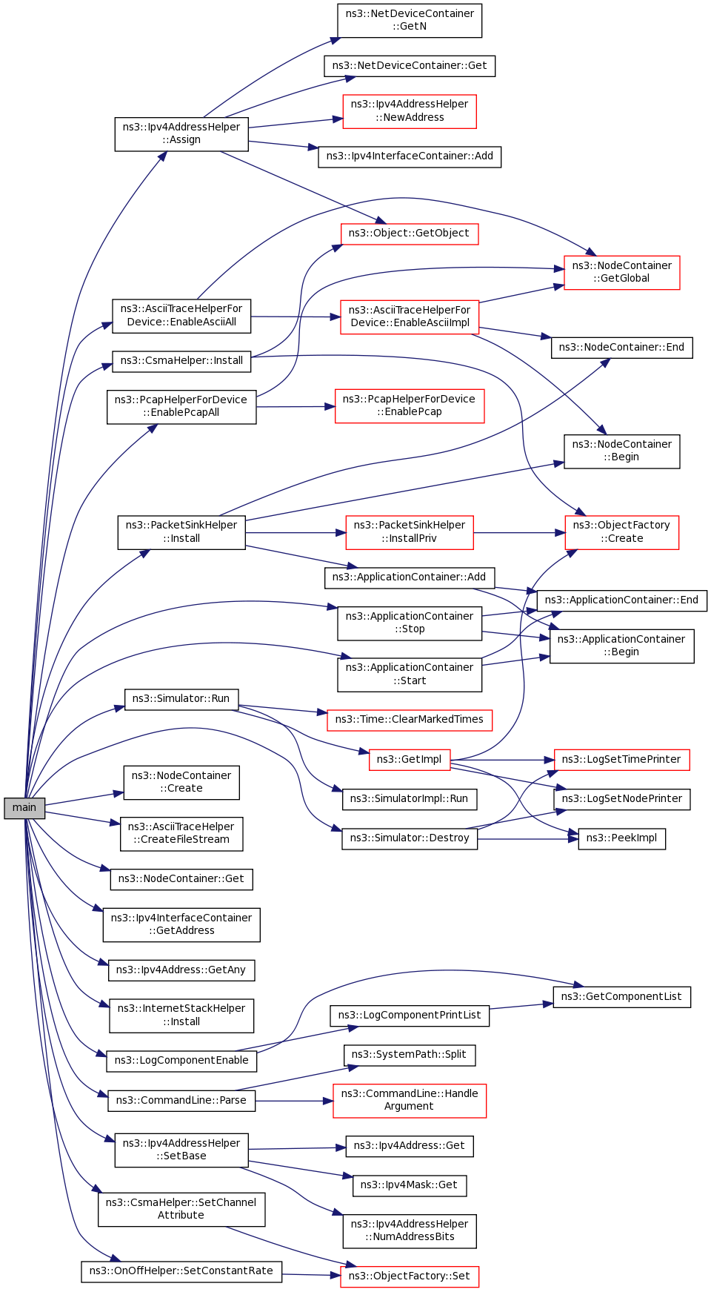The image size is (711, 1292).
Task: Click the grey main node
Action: coord(24,808)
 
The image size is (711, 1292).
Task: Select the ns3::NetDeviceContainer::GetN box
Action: coord(410,21)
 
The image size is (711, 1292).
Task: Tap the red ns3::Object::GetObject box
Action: coord(410,233)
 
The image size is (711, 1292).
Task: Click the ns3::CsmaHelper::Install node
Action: coord(182,361)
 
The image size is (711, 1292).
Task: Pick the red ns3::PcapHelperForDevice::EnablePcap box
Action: coord(410,406)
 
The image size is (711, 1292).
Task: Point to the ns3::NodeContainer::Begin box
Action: coord(622,451)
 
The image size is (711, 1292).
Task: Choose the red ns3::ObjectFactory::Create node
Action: coord(622,533)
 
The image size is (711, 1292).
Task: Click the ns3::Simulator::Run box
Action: coord(181,699)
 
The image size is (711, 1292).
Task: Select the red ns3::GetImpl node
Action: coord(410,760)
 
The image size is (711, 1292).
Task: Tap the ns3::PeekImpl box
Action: coord(622,838)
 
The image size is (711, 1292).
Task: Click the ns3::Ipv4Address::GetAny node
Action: coord(181,970)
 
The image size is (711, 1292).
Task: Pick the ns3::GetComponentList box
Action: coord(622,997)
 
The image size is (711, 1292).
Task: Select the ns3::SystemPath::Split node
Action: coord(410,1055)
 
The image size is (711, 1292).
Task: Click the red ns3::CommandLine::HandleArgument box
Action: coord(410,1101)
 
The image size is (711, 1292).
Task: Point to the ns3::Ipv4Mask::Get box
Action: coord(410,1185)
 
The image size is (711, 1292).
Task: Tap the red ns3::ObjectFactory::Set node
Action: coord(410,1276)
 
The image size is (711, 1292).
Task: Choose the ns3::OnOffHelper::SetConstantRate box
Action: coord(181,1271)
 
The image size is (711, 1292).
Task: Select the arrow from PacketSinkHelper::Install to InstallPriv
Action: coord(296,533)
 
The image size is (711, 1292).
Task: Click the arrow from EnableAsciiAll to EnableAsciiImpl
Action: coord(296,317)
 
